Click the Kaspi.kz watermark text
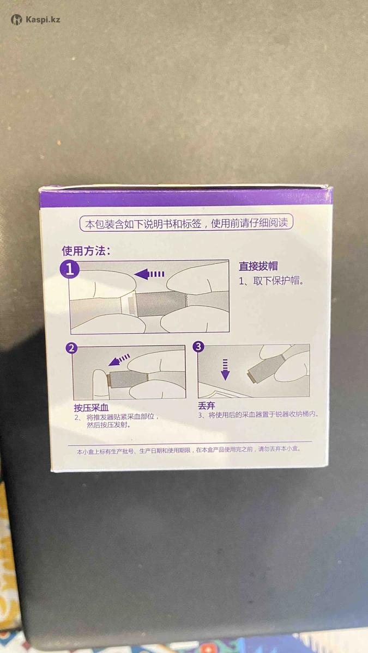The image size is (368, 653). [x=43, y=20]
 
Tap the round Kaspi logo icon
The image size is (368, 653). [x=16, y=20]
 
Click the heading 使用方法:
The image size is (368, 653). [x=86, y=251]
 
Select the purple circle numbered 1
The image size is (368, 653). [x=70, y=269]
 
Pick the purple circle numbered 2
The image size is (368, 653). [x=71, y=348]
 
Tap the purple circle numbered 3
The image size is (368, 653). [x=198, y=347]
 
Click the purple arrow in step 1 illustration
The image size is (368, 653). [x=149, y=274]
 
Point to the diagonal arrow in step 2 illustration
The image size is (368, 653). [x=119, y=360]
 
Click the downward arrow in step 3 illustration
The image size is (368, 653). [x=225, y=369]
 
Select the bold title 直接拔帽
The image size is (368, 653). [x=258, y=266]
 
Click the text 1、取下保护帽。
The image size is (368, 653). [x=272, y=281]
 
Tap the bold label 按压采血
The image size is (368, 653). [x=91, y=408]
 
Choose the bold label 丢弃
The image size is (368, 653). [x=207, y=406]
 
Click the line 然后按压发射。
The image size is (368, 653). [x=108, y=425]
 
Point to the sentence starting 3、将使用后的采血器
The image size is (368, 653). [x=258, y=415]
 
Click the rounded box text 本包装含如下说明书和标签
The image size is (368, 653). [x=143, y=224]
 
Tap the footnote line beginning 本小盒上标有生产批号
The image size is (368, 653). [x=189, y=450]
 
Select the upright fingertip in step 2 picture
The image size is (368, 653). [x=100, y=384]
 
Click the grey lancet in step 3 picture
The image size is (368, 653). [x=265, y=368]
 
